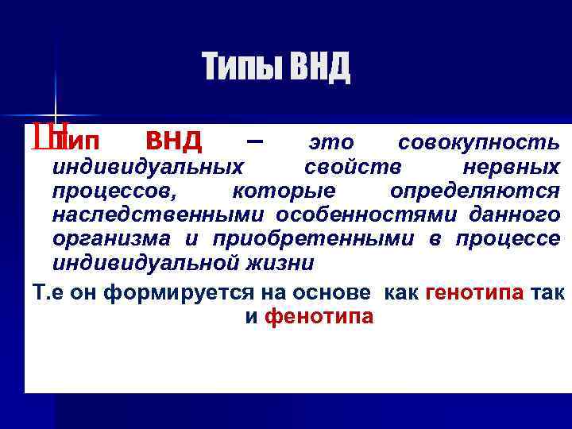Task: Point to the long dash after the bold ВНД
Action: [x=253, y=141]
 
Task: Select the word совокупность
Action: [x=478, y=143]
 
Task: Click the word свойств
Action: [x=352, y=168]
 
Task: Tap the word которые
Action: [x=284, y=191]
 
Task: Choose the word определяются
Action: [x=474, y=191]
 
